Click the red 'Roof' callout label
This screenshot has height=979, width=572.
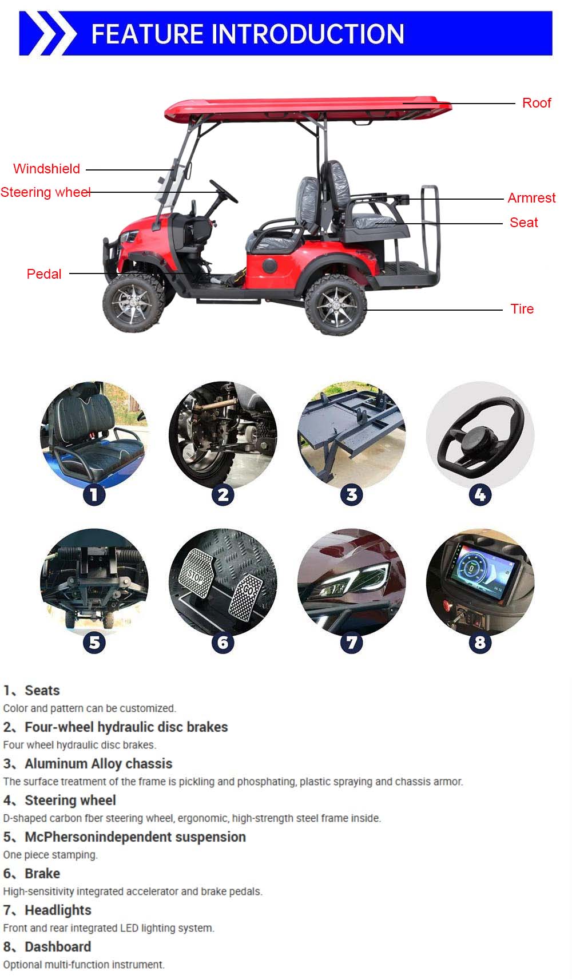pos(536,103)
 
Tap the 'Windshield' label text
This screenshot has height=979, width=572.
pos(46,169)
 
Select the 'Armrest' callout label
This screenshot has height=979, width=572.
pos(531,198)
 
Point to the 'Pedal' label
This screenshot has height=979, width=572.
pos(43,274)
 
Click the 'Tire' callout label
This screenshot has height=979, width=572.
pos(522,309)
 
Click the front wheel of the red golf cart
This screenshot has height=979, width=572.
pos(131,303)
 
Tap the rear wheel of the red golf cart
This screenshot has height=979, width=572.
pos(336,304)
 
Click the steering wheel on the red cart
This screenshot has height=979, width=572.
pos(224,191)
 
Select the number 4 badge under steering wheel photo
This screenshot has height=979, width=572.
pos(480,495)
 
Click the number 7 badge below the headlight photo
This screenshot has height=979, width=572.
pos(351,643)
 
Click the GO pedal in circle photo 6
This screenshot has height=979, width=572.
pos(247,597)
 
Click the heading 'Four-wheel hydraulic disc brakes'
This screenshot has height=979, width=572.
pos(126,727)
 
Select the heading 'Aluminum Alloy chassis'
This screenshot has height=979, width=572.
pos(98,764)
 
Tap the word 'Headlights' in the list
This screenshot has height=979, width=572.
pos(58,910)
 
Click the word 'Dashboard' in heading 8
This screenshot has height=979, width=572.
pos(58,947)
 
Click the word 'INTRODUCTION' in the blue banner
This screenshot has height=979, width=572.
pos(308,34)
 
